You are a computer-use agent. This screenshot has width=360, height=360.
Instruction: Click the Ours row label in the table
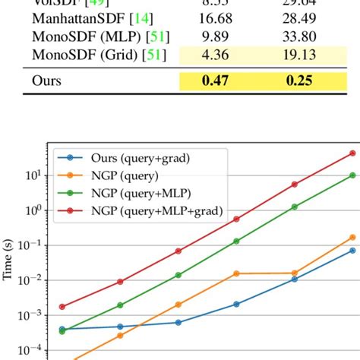click(x=48, y=80)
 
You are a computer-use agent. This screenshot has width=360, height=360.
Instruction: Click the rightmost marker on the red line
click(x=352, y=153)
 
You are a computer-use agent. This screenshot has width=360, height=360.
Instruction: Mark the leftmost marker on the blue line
click(x=62, y=329)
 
